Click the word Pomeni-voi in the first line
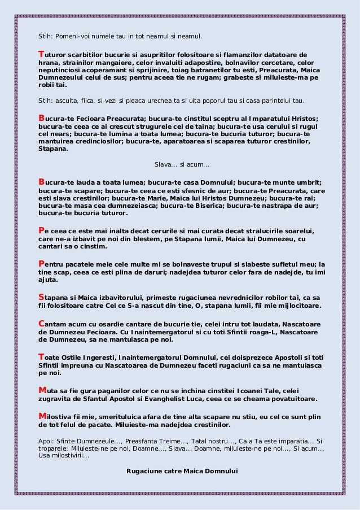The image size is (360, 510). (71, 36)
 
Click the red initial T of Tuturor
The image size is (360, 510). (40, 55)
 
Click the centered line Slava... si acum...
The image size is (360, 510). (181, 165)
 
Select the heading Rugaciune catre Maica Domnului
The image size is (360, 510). (183, 470)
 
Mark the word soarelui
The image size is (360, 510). (299, 232)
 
